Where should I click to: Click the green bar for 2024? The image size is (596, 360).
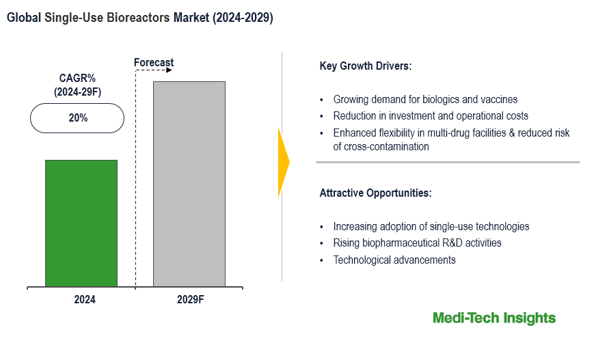81,223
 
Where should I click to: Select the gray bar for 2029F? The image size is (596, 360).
189,184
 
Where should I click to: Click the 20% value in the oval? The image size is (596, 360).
78,118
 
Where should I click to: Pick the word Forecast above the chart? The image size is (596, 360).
154,63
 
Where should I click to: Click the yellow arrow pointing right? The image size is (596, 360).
284,162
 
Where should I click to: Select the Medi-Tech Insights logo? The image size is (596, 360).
494,318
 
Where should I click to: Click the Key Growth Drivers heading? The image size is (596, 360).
365,66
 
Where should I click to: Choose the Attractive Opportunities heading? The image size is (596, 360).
375,193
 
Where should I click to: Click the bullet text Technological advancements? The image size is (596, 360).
394,260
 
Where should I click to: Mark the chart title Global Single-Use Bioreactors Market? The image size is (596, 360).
139,18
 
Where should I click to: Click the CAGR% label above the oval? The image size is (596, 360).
77,79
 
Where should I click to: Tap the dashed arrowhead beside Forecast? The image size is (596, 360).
170,70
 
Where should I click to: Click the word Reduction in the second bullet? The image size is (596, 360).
354,116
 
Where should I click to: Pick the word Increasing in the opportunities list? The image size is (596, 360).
355,226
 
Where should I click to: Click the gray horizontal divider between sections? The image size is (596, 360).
448,162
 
